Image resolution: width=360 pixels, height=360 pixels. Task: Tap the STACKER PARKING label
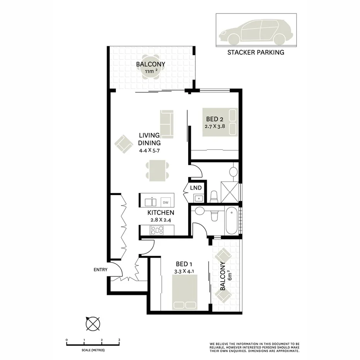[256, 52]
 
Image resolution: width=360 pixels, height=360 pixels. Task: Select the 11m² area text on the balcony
[151, 71]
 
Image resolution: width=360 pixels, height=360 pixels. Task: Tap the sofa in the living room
[166, 124]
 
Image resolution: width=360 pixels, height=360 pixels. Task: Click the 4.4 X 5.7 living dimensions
[149, 150]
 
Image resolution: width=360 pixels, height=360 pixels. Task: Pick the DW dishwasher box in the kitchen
[166, 202]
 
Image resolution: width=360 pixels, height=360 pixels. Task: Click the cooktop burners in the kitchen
[157, 231]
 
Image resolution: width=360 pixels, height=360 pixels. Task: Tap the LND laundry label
[196, 188]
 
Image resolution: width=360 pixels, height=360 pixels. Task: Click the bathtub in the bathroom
[232, 221]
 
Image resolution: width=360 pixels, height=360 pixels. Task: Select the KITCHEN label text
[161, 213]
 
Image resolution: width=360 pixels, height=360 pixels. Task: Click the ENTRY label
[100, 270]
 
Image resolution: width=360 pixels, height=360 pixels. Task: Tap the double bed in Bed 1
[185, 292]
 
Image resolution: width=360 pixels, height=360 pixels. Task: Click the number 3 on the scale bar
[119, 340]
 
